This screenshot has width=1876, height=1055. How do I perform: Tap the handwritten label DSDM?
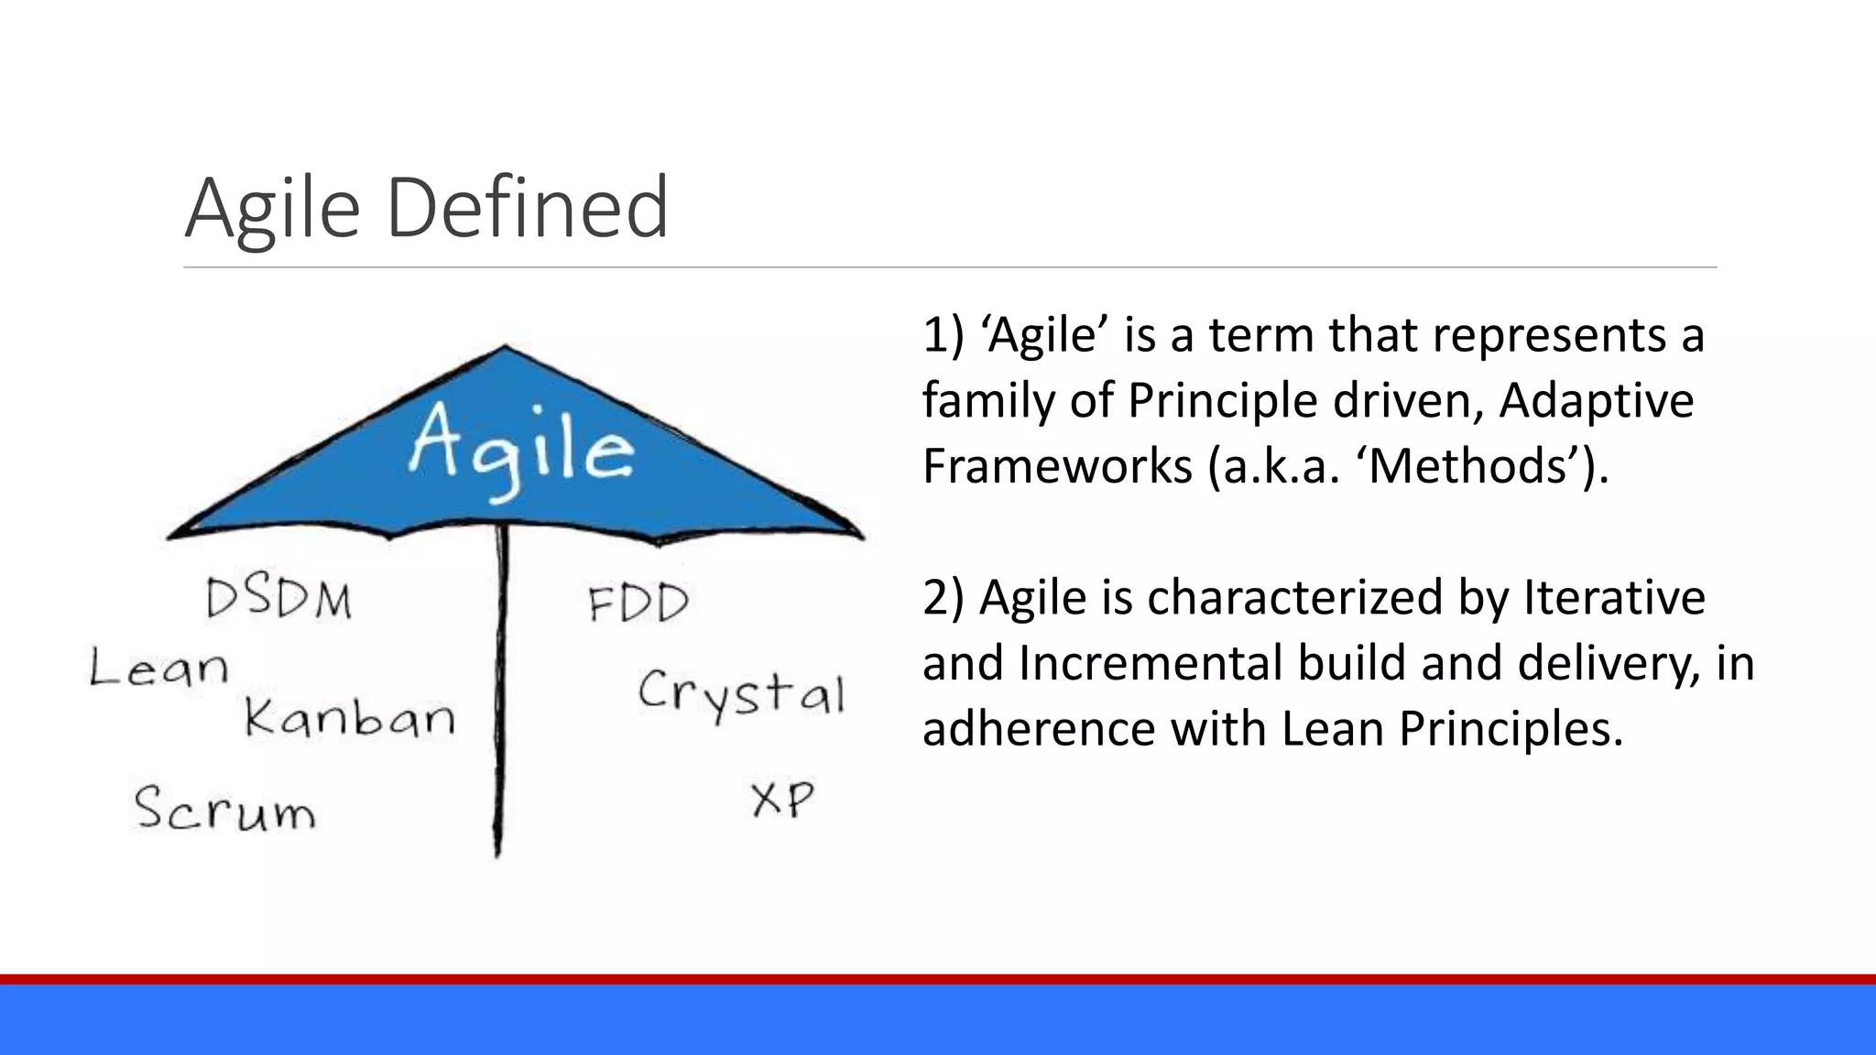pyautogui.click(x=278, y=600)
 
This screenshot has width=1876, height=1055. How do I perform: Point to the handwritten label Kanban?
pyautogui.click(x=349, y=717)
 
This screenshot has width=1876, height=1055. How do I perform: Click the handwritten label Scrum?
pyautogui.click(x=224, y=808)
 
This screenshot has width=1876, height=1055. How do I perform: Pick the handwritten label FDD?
pyautogui.click(x=638, y=604)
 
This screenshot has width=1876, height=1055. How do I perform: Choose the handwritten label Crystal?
pyautogui.click(x=740, y=693)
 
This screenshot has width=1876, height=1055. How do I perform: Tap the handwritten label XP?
pyautogui.click(x=781, y=799)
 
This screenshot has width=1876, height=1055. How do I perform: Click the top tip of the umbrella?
pyautogui.click(x=505, y=347)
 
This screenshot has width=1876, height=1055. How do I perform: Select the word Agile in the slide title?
pyautogui.click(x=273, y=208)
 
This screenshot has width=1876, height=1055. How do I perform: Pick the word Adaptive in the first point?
pyautogui.click(x=1596, y=400)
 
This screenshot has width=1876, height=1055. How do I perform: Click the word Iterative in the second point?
pyautogui.click(x=1614, y=597)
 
